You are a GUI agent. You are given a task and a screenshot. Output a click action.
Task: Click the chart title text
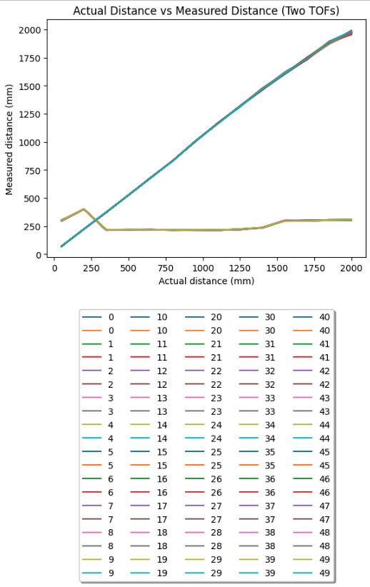coord(206,11)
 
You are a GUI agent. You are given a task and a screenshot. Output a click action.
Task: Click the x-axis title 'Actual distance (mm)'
coord(206,281)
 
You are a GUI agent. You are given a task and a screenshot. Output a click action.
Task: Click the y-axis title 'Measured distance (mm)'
coord(9,140)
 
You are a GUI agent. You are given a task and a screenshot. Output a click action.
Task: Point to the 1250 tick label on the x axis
coord(240,269)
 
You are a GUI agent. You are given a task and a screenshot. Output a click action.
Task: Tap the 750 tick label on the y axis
coord(34,171)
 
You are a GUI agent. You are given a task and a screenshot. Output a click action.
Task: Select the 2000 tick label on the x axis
coord(351,269)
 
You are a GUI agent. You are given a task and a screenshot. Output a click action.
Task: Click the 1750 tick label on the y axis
coord(30,58)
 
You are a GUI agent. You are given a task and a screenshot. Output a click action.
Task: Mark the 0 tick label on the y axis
coord(39,255)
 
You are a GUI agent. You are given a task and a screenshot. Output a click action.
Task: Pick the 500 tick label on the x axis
coord(129,269)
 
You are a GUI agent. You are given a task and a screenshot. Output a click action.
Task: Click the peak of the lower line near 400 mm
coord(84,209)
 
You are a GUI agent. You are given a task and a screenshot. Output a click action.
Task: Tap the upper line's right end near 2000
coord(351,32)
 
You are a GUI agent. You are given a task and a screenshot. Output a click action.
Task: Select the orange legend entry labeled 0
coord(98,331)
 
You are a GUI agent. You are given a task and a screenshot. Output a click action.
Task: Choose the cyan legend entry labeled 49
coord(311,573)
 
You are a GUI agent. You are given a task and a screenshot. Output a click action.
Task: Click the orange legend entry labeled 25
coord(204,466)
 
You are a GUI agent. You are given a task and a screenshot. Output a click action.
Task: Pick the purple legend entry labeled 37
coord(257,506)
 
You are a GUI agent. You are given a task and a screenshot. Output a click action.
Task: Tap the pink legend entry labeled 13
coord(149,398)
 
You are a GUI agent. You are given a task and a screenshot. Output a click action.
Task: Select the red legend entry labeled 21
coord(204,358)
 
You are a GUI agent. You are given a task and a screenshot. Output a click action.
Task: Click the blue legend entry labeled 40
coord(311,317)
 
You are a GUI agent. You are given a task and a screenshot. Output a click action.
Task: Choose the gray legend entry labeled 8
coord(98,546)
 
